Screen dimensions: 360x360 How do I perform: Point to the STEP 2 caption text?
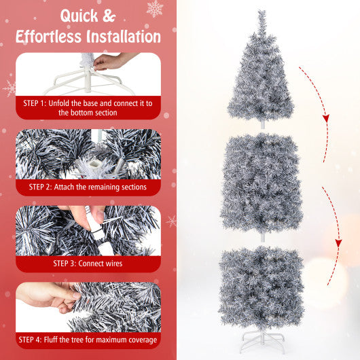pos(87,185)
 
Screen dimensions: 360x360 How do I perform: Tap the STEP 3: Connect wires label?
pos(87,262)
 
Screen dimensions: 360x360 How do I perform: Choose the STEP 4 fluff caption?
pos(88,340)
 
